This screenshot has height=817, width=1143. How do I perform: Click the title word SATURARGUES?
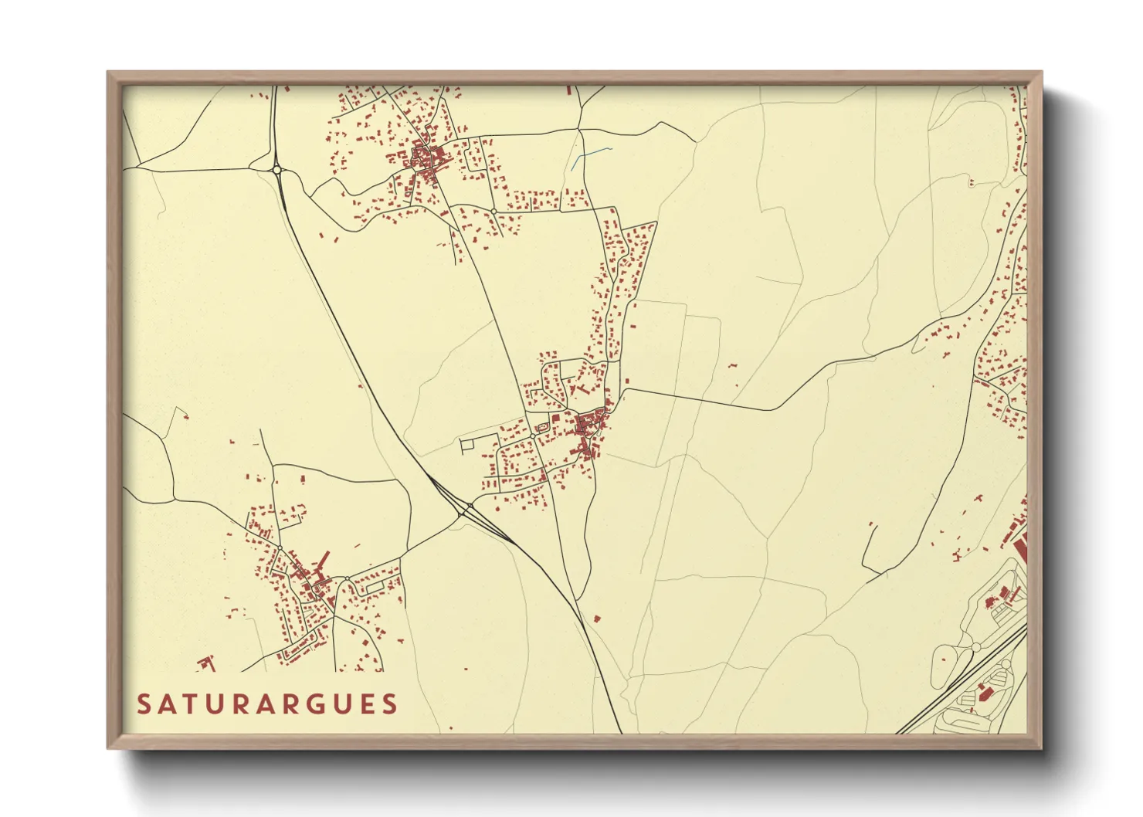[267, 704]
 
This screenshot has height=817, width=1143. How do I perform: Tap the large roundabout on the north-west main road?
[276, 169]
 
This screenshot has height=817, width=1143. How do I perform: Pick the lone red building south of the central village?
[596, 619]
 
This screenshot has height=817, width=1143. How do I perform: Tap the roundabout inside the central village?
[533, 436]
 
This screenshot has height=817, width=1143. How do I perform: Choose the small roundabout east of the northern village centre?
[493, 211]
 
